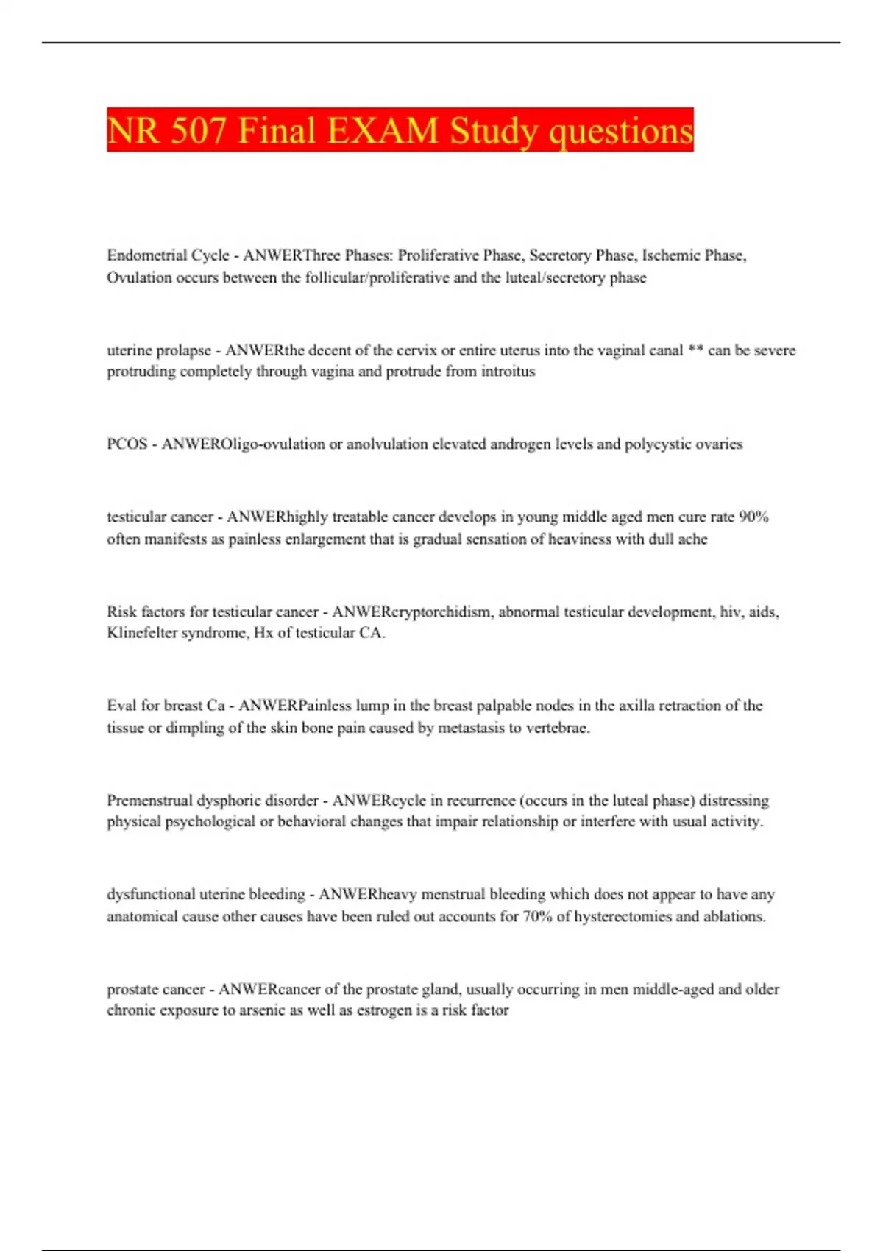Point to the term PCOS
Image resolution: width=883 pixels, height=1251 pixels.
tap(127, 444)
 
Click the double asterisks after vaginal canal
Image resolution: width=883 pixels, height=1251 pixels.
tap(695, 350)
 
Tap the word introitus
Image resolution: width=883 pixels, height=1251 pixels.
tap(508, 371)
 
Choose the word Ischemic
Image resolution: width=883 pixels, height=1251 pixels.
tap(670, 255)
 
